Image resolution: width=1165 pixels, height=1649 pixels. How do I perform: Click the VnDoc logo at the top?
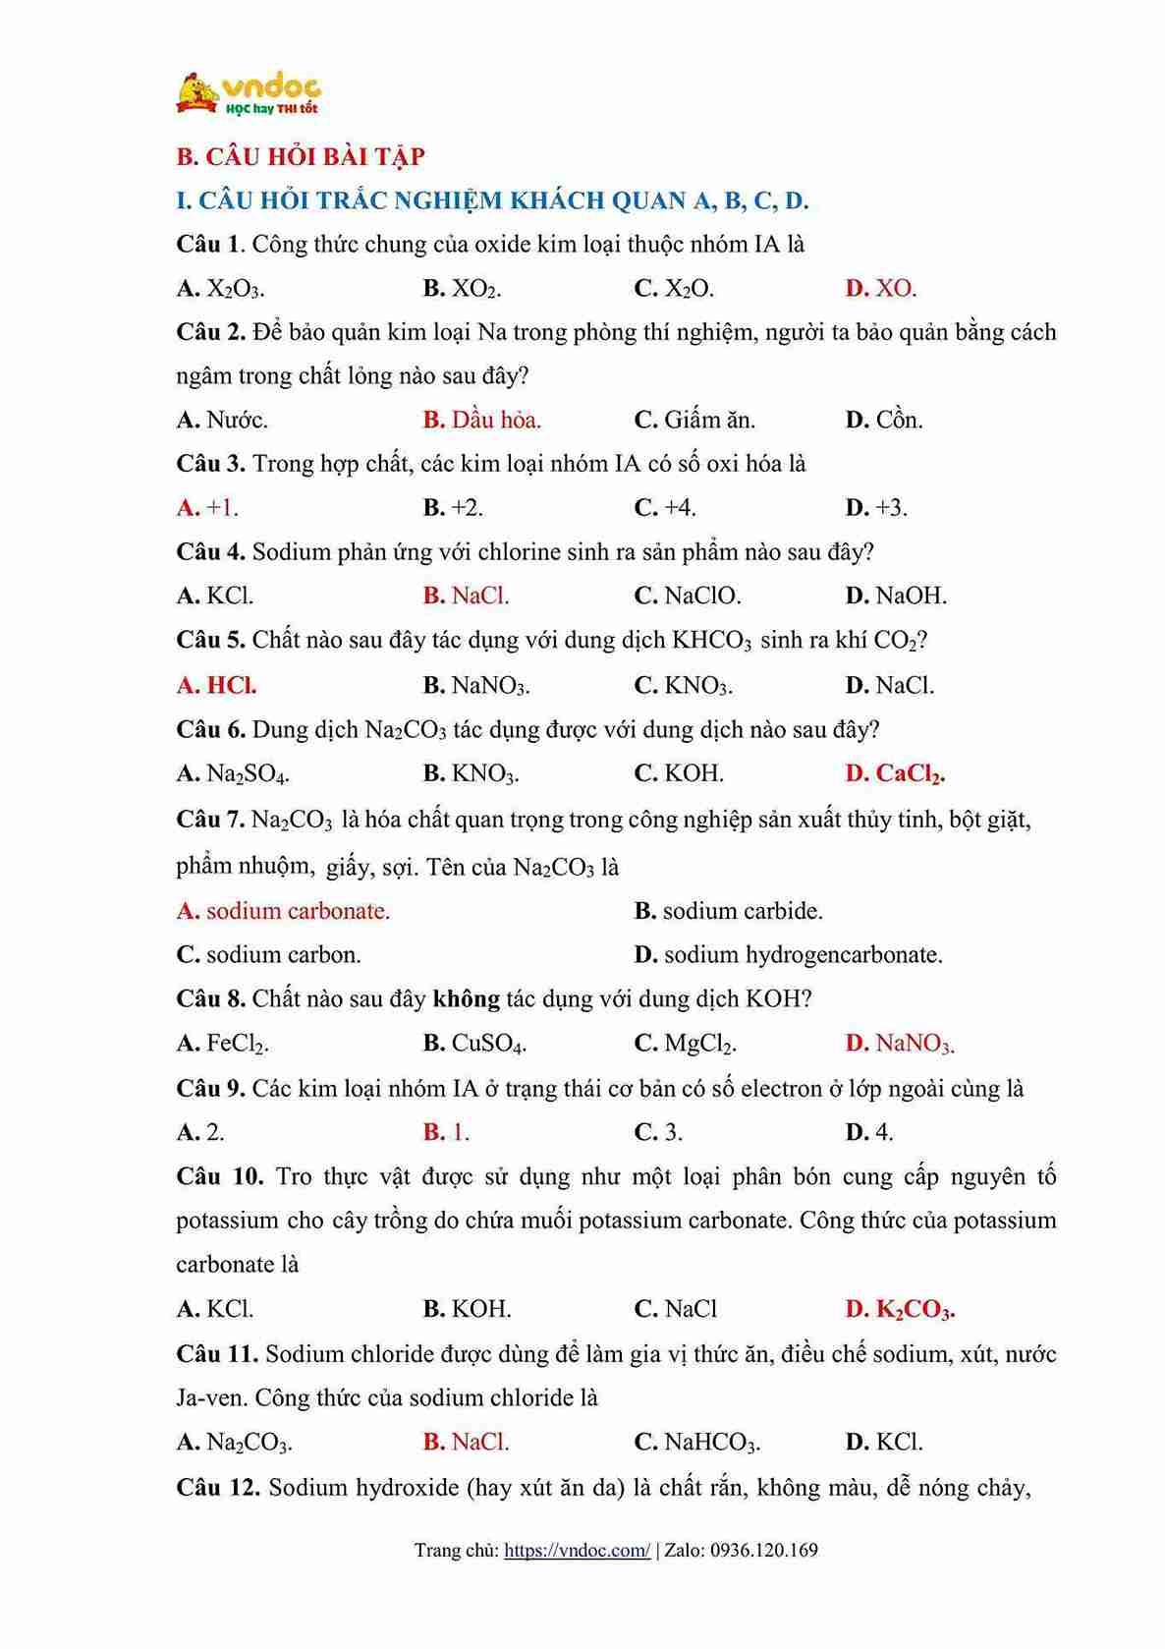click(x=248, y=93)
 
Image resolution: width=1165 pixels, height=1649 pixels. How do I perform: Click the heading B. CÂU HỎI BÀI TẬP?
click(x=300, y=156)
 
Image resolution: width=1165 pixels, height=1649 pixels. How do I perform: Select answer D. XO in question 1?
click(x=881, y=289)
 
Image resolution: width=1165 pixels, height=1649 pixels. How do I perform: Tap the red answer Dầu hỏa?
click(x=482, y=421)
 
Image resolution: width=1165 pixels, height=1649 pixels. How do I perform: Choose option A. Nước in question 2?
click(x=222, y=421)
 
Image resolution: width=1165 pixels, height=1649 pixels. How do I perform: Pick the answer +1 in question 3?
click(x=207, y=508)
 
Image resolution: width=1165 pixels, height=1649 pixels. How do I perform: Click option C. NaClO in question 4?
click(x=688, y=596)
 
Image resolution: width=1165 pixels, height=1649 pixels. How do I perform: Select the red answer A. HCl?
click(x=217, y=685)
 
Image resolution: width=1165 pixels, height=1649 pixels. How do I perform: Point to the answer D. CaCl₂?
click(x=895, y=774)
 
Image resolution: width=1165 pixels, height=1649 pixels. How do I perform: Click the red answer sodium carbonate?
click(x=283, y=911)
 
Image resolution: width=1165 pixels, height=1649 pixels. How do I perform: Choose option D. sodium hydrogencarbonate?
click(x=788, y=955)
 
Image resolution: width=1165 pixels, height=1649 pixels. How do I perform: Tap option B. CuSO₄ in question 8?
click(x=474, y=1044)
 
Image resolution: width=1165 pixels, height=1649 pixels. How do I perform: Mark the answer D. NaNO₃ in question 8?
click(x=900, y=1044)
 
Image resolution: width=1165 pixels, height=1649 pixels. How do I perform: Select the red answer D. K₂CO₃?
click(x=900, y=1310)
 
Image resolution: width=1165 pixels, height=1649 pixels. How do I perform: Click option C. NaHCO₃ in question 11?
click(x=697, y=1443)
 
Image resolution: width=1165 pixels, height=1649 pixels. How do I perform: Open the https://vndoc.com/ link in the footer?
click(x=577, y=1551)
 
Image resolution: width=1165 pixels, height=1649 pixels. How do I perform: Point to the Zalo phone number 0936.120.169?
click(x=763, y=1551)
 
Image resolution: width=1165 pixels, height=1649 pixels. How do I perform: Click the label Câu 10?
click(x=219, y=1176)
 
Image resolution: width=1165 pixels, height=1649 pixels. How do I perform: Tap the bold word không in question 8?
click(x=466, y=999)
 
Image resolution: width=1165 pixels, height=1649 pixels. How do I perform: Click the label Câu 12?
click(x=217, y=1487)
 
